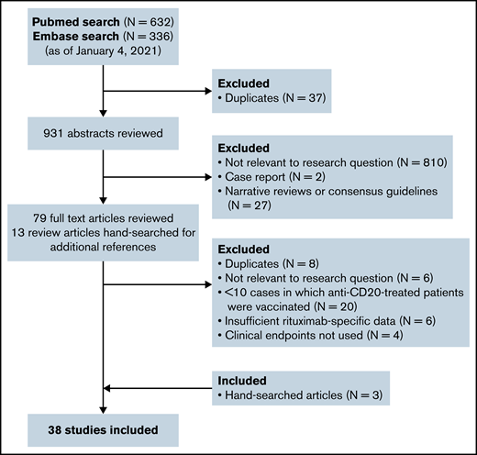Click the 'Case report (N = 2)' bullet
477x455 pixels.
[272, 180]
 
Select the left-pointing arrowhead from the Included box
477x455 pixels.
[111, 387]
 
